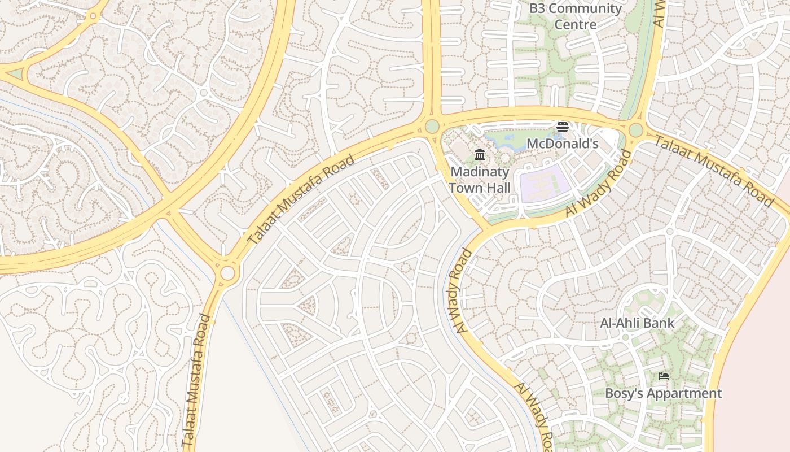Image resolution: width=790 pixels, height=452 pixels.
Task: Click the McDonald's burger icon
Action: click(561, 127)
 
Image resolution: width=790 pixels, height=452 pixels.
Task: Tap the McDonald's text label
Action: click(562, 144)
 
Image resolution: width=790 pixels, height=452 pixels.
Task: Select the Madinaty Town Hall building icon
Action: click(480, 154)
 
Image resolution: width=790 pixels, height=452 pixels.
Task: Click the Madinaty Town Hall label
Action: click(480, 180)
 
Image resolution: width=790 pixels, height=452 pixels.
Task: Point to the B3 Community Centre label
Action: click(575, 16)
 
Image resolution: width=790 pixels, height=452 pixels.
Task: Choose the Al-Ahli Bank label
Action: click(637, 323)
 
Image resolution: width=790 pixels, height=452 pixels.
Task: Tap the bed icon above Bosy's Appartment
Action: click(664, 376)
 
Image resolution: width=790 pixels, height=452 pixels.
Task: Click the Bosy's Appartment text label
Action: click(663, 393)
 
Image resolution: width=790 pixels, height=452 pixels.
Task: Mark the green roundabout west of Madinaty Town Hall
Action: click(432, 126)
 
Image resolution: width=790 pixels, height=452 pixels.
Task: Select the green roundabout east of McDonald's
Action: click(636, 130)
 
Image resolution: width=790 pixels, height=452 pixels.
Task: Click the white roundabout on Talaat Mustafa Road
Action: click(227, 273)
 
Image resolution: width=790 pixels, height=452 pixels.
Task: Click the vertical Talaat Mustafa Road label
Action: click(197, 381)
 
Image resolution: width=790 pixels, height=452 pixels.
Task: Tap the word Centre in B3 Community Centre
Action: click(575, 24)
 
